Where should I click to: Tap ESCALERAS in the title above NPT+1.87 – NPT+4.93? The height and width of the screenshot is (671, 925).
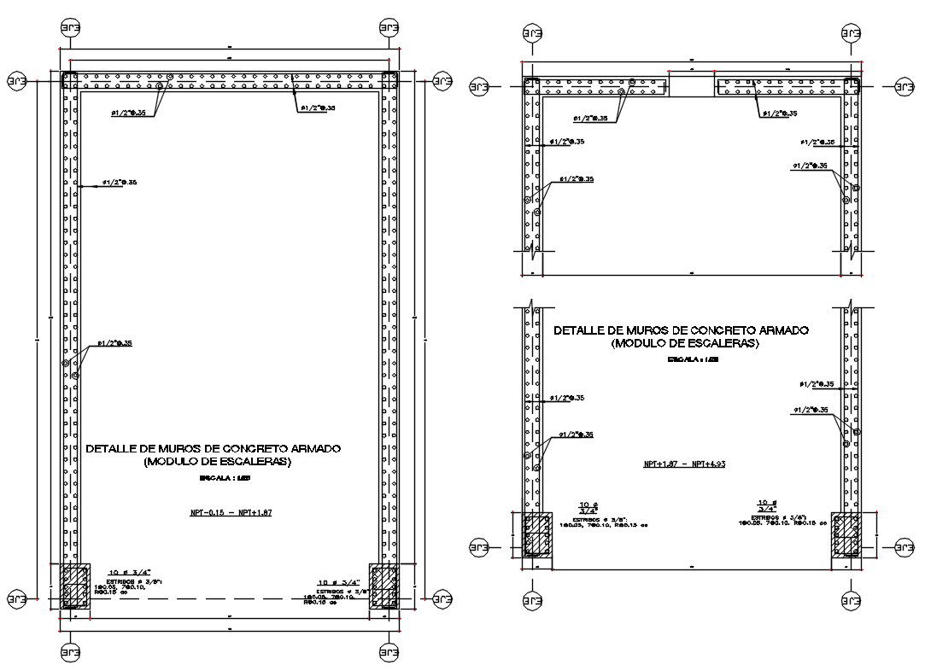[726, 343]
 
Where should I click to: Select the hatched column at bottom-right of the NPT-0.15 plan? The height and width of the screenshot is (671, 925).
[384, 586]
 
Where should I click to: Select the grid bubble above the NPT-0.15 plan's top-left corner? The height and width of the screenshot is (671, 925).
[70, 27]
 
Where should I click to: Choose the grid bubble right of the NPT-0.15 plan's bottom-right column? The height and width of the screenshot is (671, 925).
[442, 598]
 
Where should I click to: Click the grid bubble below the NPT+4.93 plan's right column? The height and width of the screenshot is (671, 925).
[850, 602]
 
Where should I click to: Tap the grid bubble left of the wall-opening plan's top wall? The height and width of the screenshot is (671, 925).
[477, 86]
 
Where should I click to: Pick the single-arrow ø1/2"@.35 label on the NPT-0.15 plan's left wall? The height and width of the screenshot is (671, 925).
[120, 182]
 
